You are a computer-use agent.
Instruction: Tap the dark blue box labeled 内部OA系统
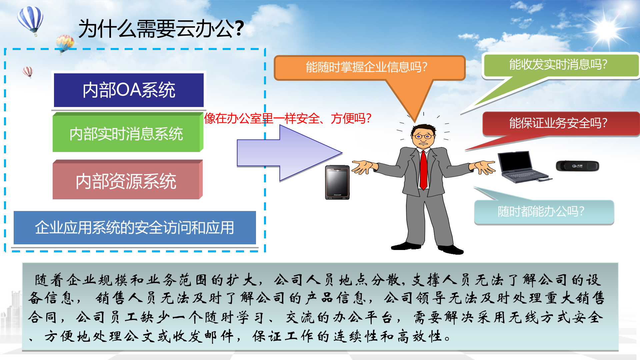(129, 90)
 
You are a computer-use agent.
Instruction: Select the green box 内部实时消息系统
(127, 134)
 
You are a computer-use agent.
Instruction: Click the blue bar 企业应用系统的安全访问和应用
(135, 228)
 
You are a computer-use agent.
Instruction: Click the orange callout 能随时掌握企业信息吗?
(367, 67)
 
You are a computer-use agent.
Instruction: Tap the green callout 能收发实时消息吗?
(558, 64)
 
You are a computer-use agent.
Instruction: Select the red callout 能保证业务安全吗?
(558, 123)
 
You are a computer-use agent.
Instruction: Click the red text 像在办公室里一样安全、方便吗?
(288, 118)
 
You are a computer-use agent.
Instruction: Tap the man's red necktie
(423, 170)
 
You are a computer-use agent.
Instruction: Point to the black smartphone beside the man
(337, 182)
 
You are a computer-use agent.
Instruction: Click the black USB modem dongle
(577, 166)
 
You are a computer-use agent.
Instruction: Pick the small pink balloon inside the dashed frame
(28, 71)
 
